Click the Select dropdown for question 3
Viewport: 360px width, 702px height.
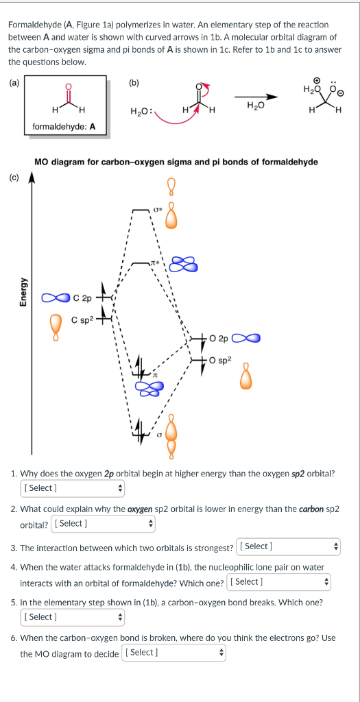coord(288,546)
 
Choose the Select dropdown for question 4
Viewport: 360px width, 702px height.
coord(280,582)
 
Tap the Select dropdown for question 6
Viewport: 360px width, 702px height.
coord(173,652)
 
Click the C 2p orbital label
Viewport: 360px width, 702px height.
coord(82,298)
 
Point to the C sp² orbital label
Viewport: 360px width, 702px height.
coord(82,320)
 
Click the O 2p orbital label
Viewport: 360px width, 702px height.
coord(220,338)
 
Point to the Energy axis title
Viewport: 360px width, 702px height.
coord(23,293)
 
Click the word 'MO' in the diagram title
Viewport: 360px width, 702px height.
coord(42,162)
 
